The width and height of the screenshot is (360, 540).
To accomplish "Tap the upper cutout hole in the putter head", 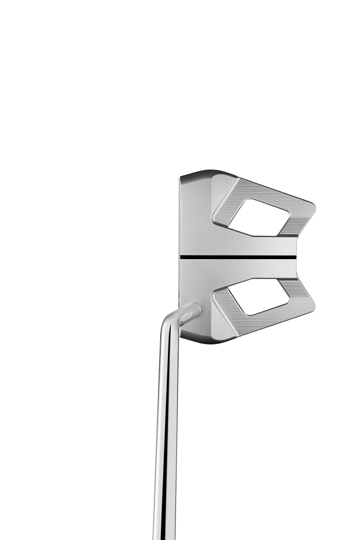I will click(x=252, y=217).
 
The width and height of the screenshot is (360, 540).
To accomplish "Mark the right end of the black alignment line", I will click(x=296, y=257).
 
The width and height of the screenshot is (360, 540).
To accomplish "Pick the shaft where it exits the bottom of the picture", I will click(x=164, y=535).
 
